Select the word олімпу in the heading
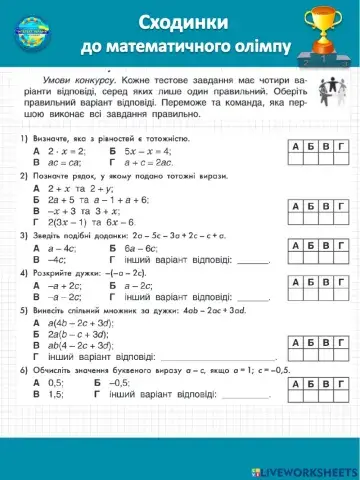[268, 47]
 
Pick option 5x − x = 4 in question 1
[150, 148]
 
